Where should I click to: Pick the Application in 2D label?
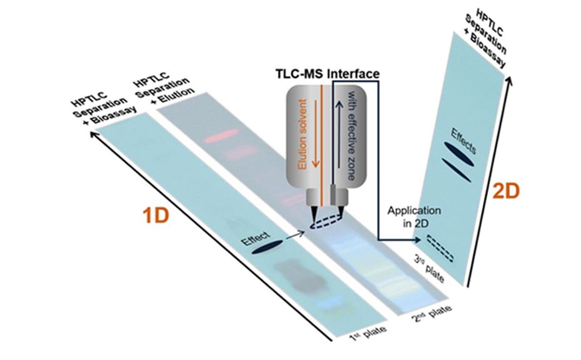(410, 216)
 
